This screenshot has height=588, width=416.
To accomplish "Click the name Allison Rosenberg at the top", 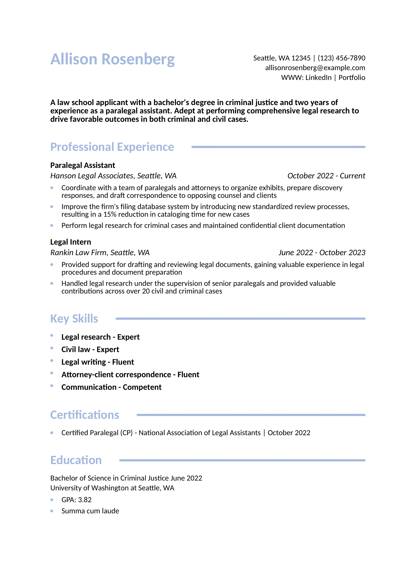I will tap(112, 59).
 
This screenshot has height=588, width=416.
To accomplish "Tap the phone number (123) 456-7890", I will tap(341, 58).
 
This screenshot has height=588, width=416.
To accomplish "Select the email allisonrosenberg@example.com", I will tap(315, 68).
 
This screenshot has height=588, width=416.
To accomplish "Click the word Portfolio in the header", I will tap(352, 78).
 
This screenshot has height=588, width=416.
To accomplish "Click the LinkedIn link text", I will tap(318, 78).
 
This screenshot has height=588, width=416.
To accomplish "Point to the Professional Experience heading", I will tap(112, 147).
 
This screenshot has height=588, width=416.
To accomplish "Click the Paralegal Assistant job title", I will tap(83, 165).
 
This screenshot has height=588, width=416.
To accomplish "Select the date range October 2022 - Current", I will tap(326, 176).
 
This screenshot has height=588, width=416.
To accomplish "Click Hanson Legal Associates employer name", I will tap(92, 176).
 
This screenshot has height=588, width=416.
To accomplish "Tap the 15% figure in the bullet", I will tap(110, 214).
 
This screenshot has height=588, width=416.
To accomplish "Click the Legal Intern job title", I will tap(70, 242).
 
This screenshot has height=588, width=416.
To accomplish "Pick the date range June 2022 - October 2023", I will tap(322, 253).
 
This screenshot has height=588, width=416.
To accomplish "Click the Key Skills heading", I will tap(74, 319).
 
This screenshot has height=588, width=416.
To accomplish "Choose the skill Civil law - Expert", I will tap(90, 350).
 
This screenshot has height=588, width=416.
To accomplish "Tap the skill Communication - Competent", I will tap(111, 387).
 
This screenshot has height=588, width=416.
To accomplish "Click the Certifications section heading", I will tap(85, 415).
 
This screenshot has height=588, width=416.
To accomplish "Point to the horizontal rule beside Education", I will tap(242, 461).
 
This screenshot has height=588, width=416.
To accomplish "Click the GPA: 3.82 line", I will tap(77, 500).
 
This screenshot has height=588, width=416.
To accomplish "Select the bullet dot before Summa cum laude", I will tap(52, 511).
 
